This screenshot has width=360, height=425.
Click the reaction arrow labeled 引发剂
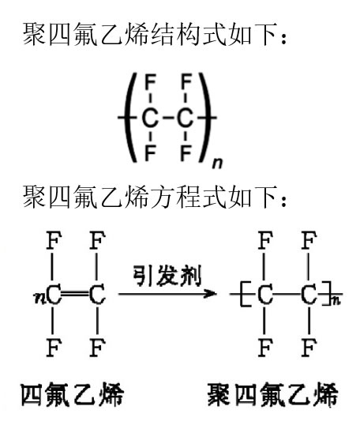coord(167,293)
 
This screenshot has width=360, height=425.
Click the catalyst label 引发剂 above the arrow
coord(167,276)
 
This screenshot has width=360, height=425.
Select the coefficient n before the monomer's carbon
coord(39,298)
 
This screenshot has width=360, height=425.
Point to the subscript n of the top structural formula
coord(217,163)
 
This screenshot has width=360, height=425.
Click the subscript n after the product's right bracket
coord(336,301)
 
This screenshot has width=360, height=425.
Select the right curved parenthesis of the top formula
coord(204,118)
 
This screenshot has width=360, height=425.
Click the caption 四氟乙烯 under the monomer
coord(73,394)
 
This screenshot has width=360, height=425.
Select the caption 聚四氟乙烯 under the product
coord(273,394)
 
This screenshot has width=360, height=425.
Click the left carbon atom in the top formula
coord(150,118)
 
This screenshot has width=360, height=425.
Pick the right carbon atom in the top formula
coord(186,118)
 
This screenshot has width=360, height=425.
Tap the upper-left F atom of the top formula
coord(150,82)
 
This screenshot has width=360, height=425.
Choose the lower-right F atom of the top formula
coord(186,153)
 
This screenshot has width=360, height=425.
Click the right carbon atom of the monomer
coord(97,295)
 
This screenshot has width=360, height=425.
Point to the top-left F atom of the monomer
coord(54,240)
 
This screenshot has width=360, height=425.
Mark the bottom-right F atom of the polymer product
coord(309,348)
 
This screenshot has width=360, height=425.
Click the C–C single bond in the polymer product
coord(287,294)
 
